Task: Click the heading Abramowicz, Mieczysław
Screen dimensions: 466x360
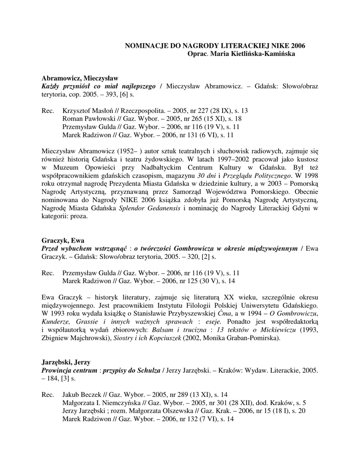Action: (80, 78)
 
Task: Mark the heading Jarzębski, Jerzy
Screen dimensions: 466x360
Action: (66, 362)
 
